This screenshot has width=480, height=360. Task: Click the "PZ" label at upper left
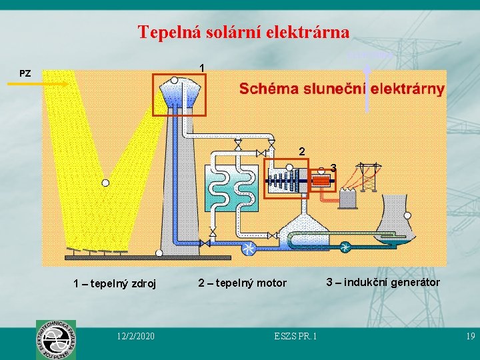[25, 73]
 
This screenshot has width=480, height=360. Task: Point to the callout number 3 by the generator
[333, 167]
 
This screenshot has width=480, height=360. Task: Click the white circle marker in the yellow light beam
[105, 183]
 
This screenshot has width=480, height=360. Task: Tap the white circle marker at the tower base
[159, 253]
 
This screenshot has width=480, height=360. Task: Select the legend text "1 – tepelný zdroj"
[115, 284]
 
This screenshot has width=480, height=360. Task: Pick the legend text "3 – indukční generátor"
[383, 282]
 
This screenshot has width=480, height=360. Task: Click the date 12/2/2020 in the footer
[135, 337]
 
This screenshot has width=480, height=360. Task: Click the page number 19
[469, 337]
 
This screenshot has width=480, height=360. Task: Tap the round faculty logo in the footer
[56, 339]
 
